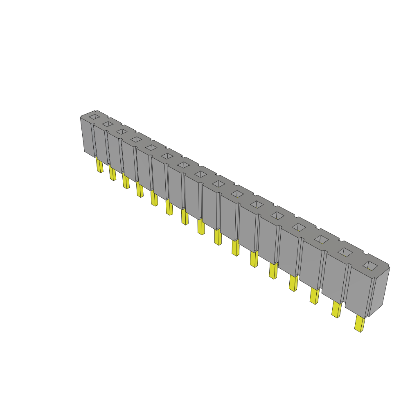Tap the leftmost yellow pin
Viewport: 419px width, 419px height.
pos(99,165)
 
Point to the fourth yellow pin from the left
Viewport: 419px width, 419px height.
pos(140,189)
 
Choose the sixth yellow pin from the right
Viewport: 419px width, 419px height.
pos(254,259)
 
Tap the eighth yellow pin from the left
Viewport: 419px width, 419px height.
pos(201,227)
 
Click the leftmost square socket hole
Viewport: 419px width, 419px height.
pos(95,117)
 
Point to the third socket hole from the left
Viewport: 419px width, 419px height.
pos(122,131)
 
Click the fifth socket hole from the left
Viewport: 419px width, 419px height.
pos(151,147)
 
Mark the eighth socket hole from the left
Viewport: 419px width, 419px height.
pos(200,174)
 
